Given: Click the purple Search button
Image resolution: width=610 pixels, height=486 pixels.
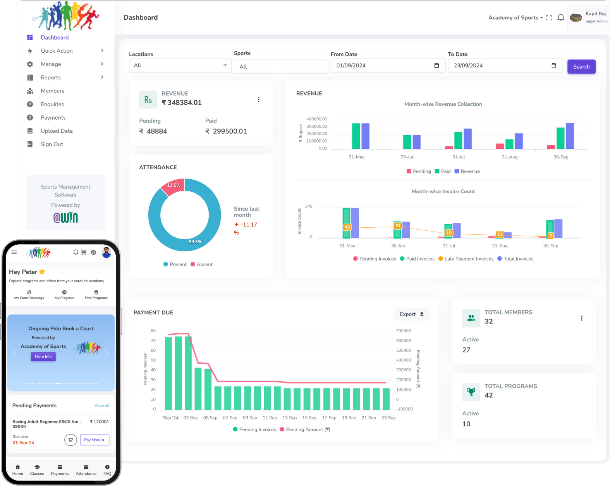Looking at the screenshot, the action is (581, 67).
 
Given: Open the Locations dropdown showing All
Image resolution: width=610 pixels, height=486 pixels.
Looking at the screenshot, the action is (180, 65).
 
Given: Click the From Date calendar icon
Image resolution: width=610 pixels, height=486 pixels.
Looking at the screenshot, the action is (436, 65).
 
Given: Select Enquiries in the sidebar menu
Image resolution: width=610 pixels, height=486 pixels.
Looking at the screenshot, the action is (52, 104).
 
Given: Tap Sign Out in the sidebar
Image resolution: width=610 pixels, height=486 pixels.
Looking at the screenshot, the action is (52, 144).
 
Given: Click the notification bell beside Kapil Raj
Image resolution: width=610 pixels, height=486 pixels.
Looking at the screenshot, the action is (560, 17).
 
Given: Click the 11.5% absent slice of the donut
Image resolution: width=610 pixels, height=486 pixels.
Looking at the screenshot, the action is (172, 187).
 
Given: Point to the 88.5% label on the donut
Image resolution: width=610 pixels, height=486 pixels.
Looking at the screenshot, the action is (195, 242).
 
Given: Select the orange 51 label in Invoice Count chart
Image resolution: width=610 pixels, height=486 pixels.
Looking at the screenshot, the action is (398, 226).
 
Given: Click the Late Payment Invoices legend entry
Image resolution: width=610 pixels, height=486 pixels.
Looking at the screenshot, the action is (466, 259).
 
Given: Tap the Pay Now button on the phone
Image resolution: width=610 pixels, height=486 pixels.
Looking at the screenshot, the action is (95, 440).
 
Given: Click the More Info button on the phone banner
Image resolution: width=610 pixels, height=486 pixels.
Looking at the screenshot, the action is (43, 357).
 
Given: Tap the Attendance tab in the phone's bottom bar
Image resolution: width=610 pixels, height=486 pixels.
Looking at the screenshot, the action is (86, 470).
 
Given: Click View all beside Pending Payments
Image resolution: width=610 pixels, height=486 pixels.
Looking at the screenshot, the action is (102, 405).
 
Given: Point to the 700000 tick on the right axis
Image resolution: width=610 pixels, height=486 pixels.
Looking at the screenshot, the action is (403, 331).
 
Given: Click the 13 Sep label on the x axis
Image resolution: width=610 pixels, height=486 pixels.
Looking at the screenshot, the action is (289, 418).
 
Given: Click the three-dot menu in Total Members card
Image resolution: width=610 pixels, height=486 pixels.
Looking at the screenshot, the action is (581, 318).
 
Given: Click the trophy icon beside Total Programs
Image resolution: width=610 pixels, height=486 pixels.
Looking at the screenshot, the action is (471, 392).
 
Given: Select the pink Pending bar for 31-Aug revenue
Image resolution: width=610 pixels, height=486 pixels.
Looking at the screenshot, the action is (500, 146).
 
